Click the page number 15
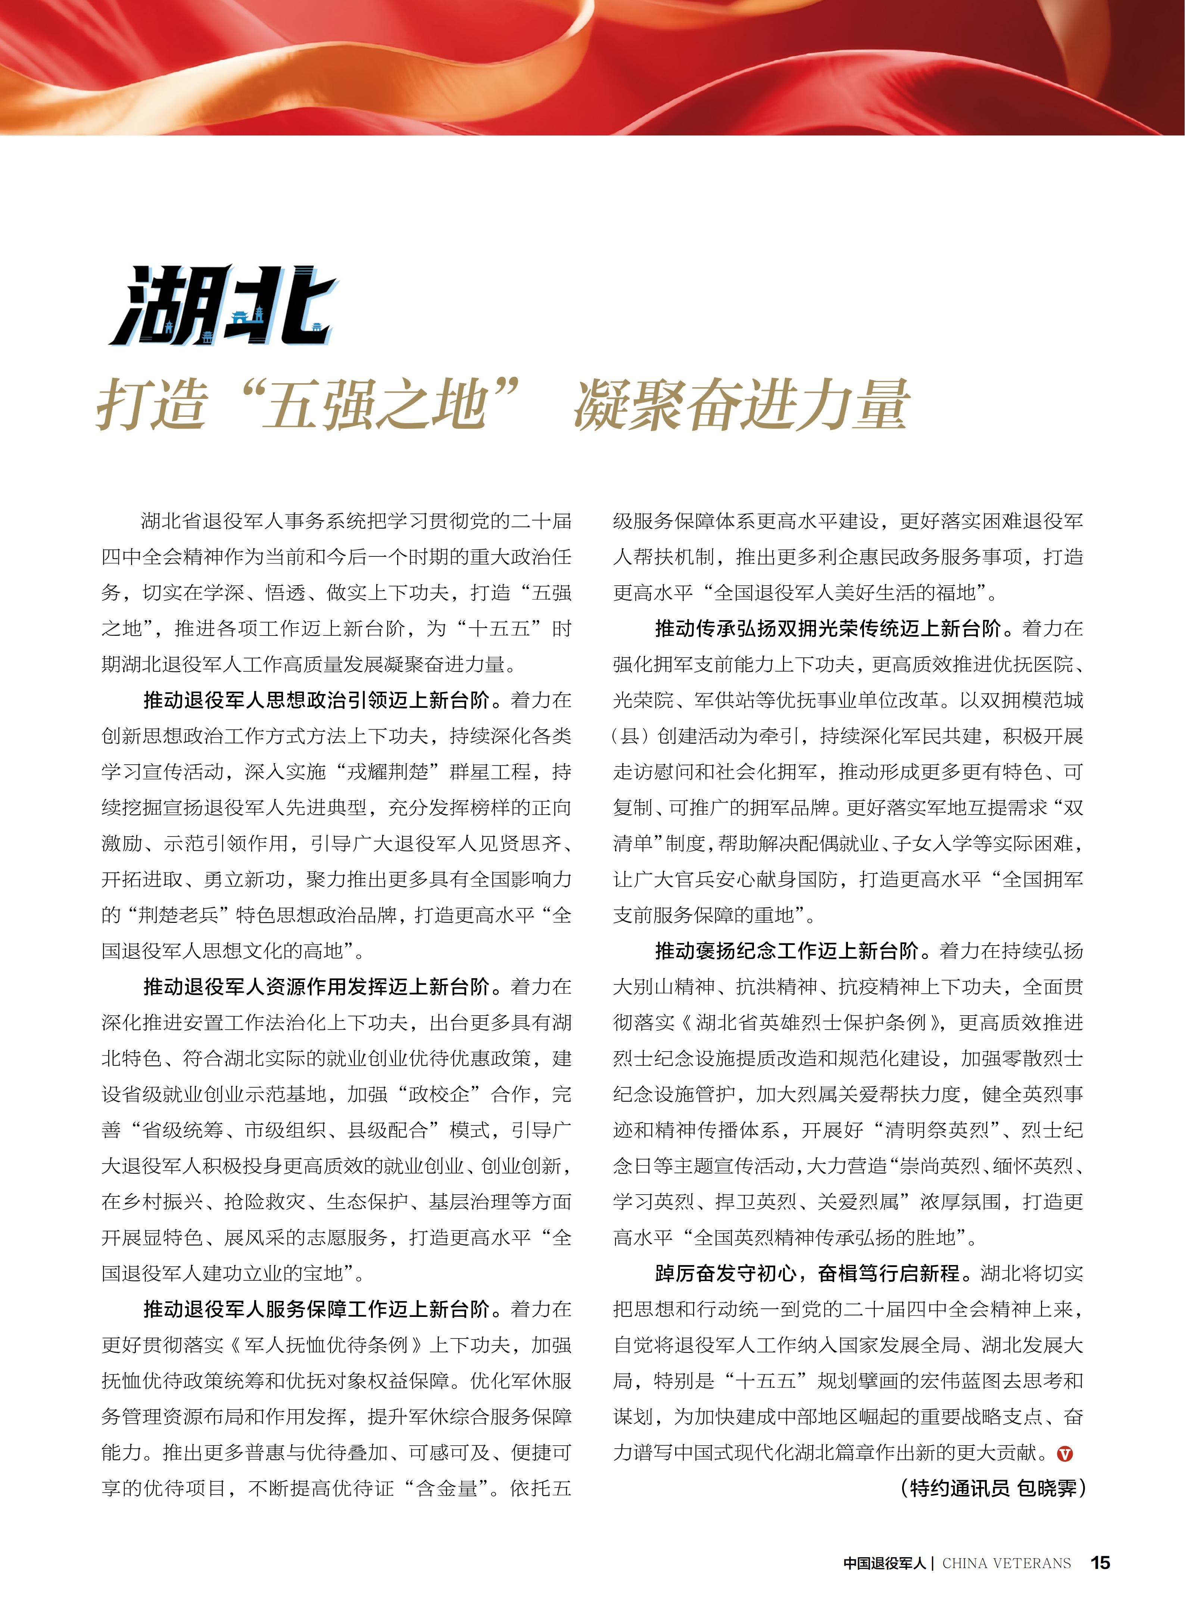tap(1100, 1562)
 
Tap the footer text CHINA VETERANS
tap(1006, 1563)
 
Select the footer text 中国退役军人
tap(885, 1563)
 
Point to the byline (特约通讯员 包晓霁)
tap(992, 1488)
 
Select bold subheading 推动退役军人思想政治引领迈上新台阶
tap(316, 700)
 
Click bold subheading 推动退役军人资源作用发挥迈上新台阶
tap(316, 987)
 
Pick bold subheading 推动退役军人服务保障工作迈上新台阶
tap(316, 1309)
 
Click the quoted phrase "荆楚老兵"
tap(178, 915)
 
